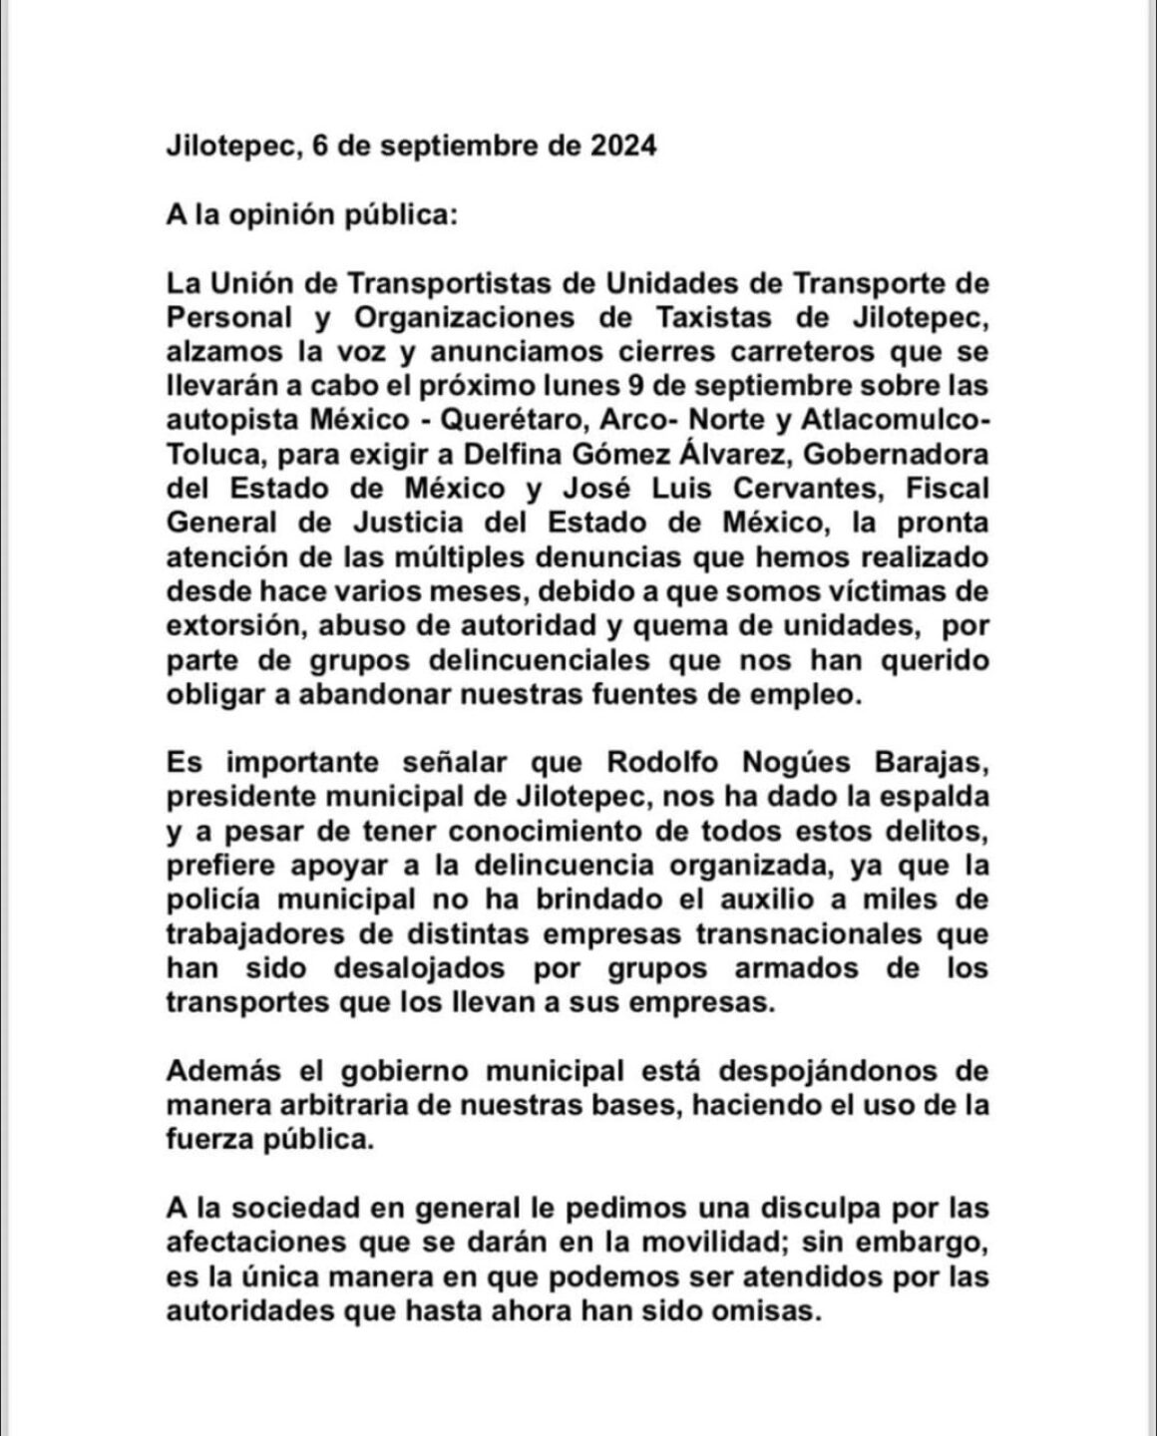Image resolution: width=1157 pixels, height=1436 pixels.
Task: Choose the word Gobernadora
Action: [883, 455]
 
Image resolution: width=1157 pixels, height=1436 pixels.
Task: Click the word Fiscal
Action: [943, 489]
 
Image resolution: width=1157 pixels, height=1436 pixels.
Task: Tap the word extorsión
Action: [236, 625]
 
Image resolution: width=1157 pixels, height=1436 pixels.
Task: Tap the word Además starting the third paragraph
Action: [222, 1072]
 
